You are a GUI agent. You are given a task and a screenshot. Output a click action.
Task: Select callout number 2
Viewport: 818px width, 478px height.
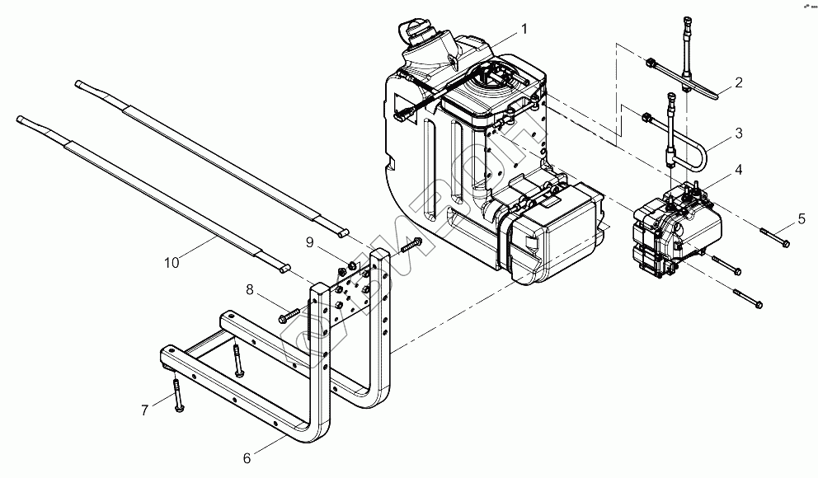click(x=739, y=82)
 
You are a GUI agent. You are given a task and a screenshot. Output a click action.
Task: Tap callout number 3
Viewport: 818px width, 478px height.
click(x=739, y=132)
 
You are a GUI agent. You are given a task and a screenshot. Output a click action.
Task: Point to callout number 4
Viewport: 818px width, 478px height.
click(x=739, y=170)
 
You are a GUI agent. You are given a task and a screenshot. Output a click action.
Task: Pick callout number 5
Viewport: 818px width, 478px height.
click(x=800, y=218)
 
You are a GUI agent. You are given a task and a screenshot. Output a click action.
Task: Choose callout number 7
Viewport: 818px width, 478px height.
click(x=144, y=409)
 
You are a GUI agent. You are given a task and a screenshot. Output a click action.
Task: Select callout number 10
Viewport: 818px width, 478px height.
click(x=171, y=264)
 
